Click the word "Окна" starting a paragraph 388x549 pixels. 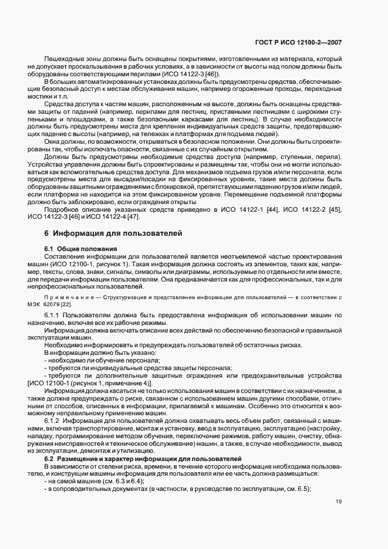point(53,141)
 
